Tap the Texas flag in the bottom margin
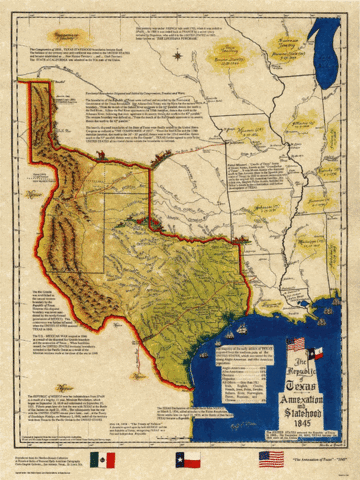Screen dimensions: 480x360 (188, 460)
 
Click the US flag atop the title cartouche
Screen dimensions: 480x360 (298, 353)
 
